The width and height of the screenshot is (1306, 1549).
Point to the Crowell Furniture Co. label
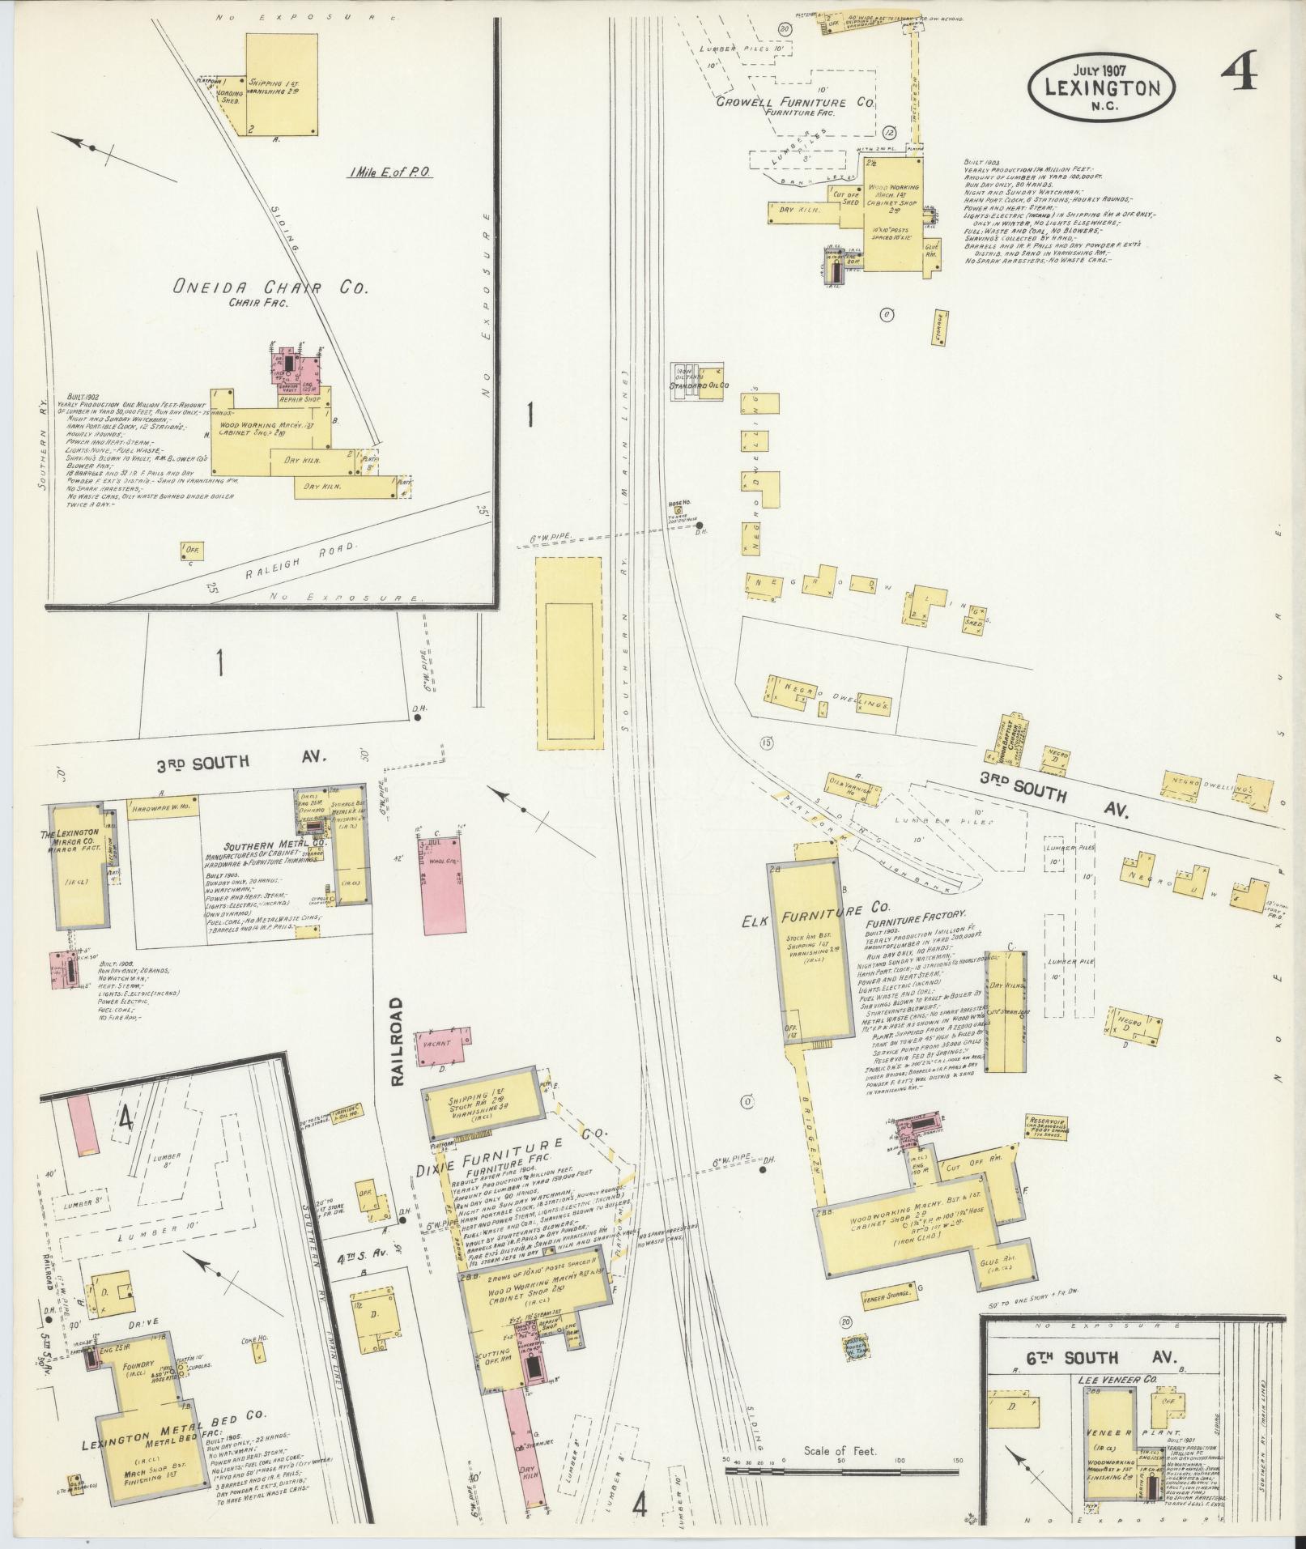point(795,104)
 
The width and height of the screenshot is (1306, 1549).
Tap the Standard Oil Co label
point(699,385)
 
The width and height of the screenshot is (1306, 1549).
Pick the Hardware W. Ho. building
point(163,809)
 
